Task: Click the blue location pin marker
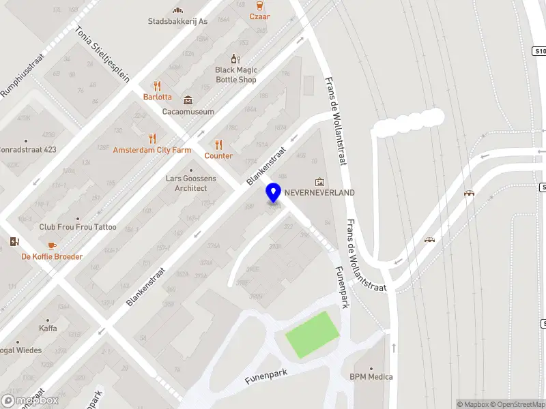click(273, 192)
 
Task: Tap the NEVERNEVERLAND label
click(319, 193)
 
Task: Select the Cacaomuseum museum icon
click(188, 100)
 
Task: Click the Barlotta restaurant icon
click(158, 86)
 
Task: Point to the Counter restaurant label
click(218, 155)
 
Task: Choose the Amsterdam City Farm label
click(152, 150)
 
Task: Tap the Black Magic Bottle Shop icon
click(235, 59)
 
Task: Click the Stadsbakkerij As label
click(177, 21)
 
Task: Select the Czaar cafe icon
click(259, 5)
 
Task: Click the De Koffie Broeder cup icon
click(51, 245)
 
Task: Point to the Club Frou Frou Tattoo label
click(78, 227)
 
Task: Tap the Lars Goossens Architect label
click(191, 183)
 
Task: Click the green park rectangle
click(312, 334)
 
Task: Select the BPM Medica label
click(371, 376)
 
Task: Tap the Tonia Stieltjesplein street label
click(102, 55)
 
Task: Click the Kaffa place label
click(48, 329)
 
